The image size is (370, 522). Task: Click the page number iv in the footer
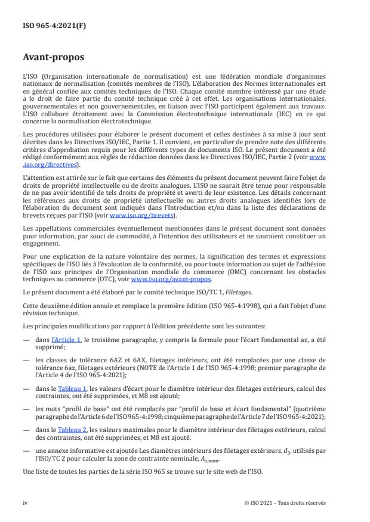(x=25, y=502)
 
